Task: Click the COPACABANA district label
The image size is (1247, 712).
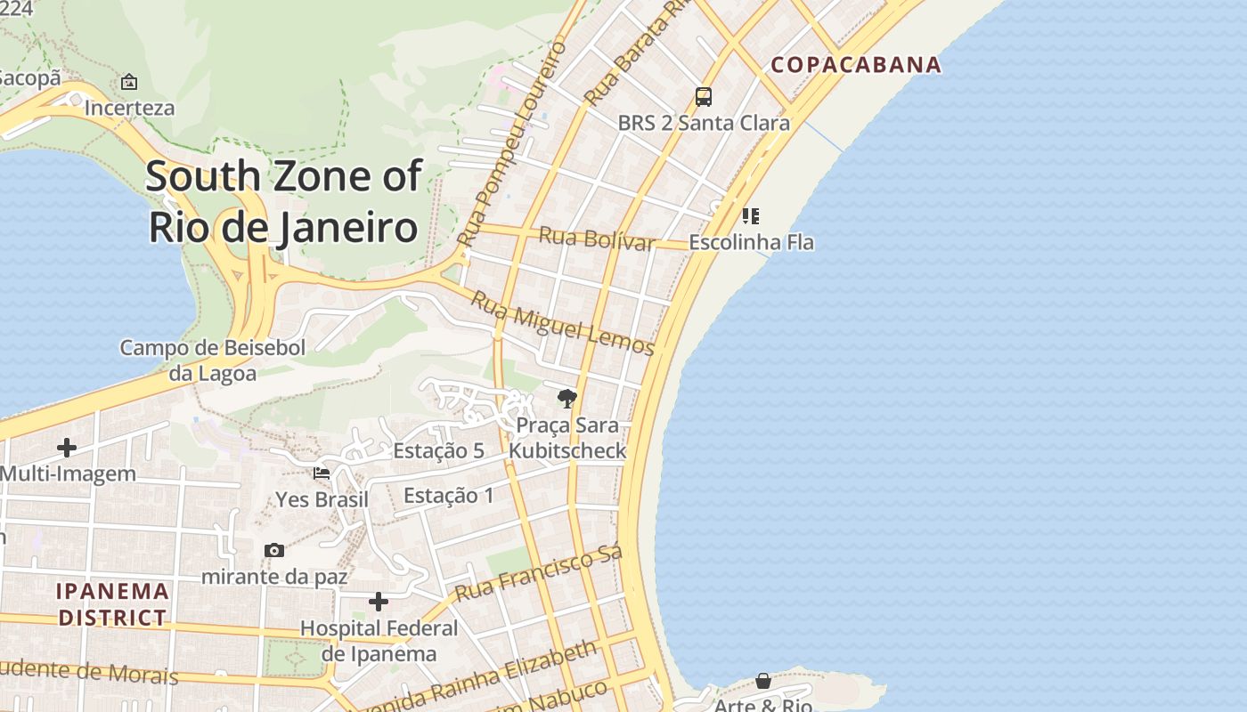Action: point(855,64)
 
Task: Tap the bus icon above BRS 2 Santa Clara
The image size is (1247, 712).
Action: point(704,96)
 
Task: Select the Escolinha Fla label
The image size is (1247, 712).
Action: point(751,241)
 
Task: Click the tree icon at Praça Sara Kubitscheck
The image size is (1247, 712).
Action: point(566,398)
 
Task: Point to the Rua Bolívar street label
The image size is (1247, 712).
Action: point(597,239)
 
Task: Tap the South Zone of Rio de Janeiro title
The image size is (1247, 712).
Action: point(283,201)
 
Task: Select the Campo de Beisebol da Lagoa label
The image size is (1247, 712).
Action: point(213,360)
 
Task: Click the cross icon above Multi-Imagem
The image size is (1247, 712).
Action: point(67,447)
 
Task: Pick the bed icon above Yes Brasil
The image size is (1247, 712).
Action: point(322,473)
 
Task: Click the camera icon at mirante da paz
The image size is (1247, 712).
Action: point(274,550)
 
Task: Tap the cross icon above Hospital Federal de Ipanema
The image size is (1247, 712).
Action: point(379,602)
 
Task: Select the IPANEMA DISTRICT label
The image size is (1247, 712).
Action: point(112,603)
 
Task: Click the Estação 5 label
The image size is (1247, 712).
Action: point(438,450)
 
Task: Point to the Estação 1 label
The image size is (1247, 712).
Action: point(449,495)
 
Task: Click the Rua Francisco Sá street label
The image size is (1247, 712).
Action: point(539,573)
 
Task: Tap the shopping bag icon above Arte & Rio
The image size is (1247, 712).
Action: point(763,681)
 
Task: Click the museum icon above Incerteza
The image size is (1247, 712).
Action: point(129,82)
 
